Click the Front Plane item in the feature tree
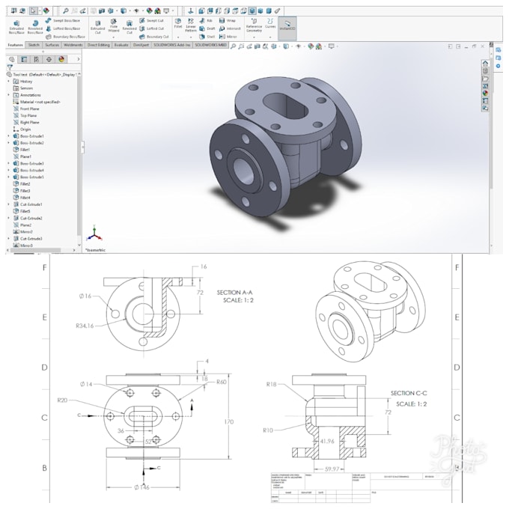tap(30, 109)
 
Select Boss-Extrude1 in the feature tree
tap(31, 135)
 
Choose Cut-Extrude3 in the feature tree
tap(31, 238)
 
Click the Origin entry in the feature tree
tap(25, 129)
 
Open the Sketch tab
tap(34, 45)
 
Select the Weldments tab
tap(73, 45)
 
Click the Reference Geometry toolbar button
tap(254, 28)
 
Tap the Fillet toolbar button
tap(179, 28)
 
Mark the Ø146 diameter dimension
tap(141, 487)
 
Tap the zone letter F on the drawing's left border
tap(45, 267)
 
